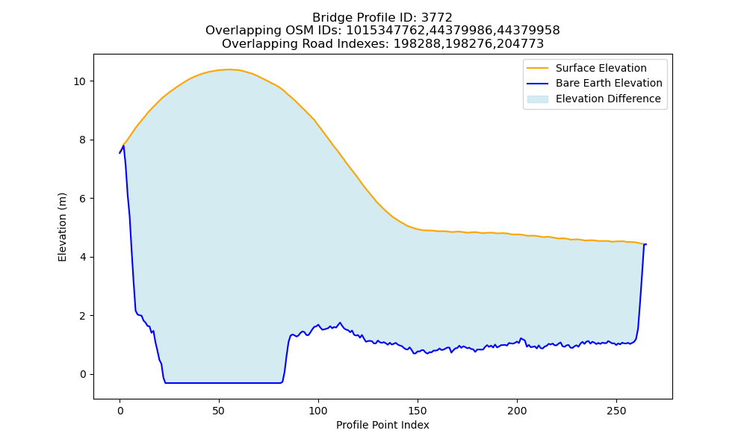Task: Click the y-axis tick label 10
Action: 79,81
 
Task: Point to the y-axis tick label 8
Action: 83,140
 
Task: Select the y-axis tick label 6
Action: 83,199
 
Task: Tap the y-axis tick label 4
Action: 83,257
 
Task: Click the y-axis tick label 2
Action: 83,316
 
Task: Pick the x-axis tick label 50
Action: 219,411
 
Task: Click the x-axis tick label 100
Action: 318,411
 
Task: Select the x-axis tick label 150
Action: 418,411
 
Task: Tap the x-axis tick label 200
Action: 517,411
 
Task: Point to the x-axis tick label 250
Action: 616,411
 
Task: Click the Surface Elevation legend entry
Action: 586,68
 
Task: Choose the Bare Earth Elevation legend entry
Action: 595,84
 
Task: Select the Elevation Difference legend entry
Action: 594,99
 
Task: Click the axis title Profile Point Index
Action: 382,425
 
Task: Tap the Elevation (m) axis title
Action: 63,227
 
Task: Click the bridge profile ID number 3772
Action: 437,18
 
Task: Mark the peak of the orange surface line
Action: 229,69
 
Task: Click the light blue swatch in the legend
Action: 537,99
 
